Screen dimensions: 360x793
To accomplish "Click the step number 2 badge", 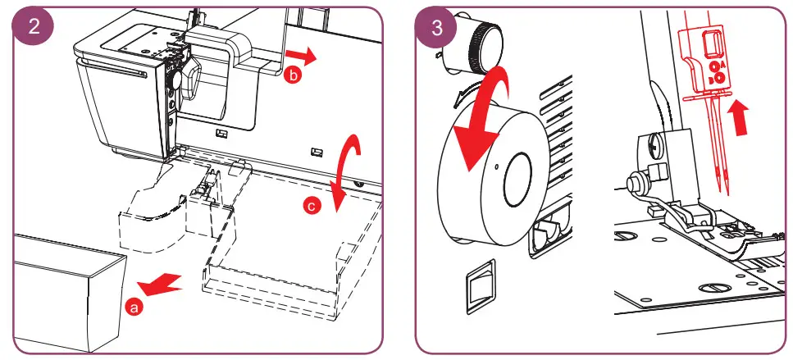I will coord(34,25).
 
